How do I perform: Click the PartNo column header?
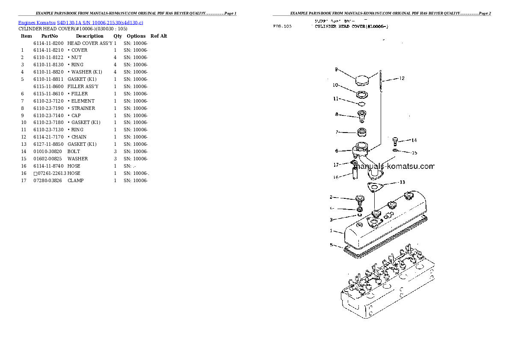tap(49, 36)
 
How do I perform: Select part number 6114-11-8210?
tap(48, 50)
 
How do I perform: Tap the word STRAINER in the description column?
tap(83, 108)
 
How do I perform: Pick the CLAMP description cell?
tap(76, 180)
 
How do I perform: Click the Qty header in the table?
tap(118, 36)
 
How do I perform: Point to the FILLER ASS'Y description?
tap(83, 86)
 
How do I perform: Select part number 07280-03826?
tap(47, 180)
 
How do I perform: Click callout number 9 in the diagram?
tap(336, 69)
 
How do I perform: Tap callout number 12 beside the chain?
tap(402, 78)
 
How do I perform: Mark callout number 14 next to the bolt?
tap(414, 140)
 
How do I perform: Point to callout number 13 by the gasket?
tap(402, 182)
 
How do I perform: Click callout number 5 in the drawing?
tap(331, 245)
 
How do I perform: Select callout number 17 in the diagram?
tap(336, 165)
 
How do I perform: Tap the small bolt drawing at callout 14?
tap(395, 141)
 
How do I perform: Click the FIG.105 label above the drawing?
tap(282, 27)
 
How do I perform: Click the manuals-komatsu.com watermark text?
tap(394, 166)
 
